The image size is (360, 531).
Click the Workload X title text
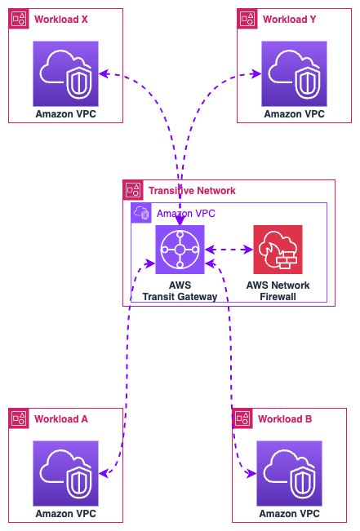61,20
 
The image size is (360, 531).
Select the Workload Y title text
290,20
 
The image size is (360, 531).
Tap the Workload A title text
61,419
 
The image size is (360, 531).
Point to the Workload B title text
285,419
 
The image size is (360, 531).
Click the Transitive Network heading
192,191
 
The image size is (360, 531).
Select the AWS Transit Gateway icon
180,250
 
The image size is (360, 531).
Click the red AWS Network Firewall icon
278,250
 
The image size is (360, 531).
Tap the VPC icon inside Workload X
66,74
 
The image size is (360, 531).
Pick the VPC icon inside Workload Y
294,74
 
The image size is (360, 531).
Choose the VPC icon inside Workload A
66,473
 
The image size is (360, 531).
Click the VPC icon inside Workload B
290,473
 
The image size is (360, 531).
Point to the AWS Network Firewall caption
278,291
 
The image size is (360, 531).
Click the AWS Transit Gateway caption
180,291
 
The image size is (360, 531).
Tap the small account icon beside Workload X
19,19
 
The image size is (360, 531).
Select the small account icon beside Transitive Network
133,190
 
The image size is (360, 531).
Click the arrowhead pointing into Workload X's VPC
104,74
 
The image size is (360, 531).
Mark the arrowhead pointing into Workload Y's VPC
256,74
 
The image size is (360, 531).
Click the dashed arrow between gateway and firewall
229,250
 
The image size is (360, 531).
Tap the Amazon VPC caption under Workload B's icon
290,514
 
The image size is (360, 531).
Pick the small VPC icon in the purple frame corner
141,213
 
